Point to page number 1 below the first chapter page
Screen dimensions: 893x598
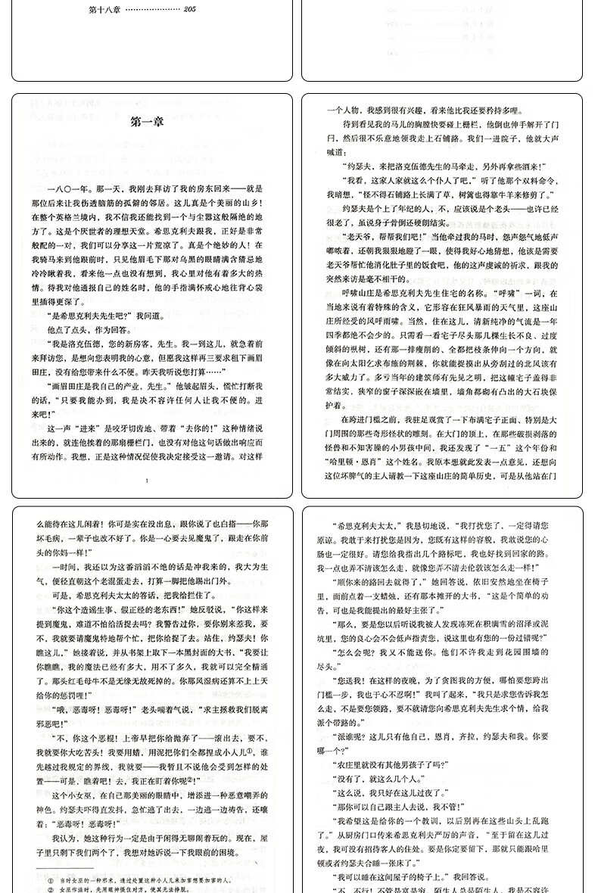147,480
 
